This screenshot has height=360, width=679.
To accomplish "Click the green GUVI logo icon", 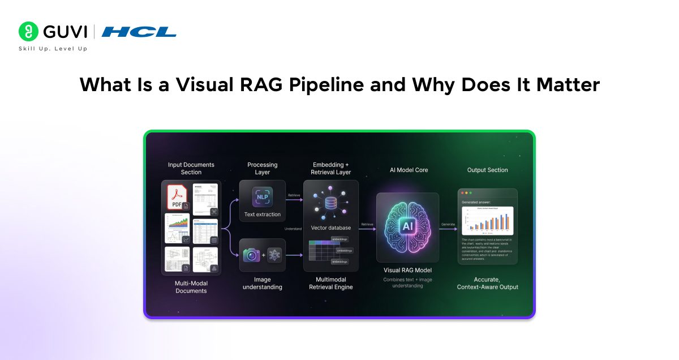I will click(x=28, y=32).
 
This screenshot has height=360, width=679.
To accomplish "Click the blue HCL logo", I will click(x=139, y=32).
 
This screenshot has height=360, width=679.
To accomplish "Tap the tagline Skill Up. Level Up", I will click(x=53, y=49).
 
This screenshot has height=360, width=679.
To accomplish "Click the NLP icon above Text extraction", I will click(x=262, y=196).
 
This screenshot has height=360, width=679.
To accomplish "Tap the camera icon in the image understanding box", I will click(x=252, y=255).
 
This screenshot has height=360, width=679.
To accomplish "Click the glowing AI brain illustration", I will click(x=407, y=226).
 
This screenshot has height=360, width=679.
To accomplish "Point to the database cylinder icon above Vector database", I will click(x=331, y=202).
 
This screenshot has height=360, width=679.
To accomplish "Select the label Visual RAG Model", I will click(x=407, y=270).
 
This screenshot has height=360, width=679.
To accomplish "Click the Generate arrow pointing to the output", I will click(x=448, y=229).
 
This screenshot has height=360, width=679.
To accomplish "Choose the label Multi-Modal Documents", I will click(x=191, y=286).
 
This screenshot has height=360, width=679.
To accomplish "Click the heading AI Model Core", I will click(x=407, y=170).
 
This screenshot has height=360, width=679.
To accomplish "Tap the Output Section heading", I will click(x=487, y=170).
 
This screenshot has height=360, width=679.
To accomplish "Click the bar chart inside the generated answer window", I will click(x=487, y=221).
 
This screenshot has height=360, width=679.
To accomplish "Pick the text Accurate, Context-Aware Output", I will click(x=487, y=283).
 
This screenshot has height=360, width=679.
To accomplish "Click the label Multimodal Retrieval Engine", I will click(x=331, y=283).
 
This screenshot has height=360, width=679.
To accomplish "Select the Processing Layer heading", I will click(x=262, y=169).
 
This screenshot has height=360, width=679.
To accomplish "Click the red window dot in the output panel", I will click(x=462, y=194).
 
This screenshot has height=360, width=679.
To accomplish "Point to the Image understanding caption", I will click(x=262, y=283).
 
